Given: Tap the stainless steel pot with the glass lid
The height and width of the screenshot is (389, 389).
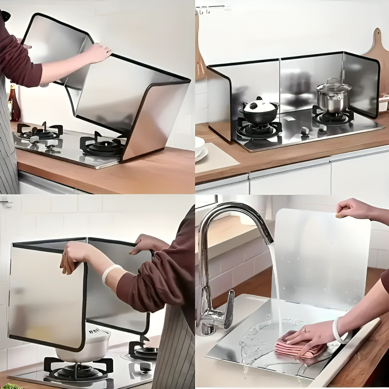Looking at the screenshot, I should [x=334, y=96].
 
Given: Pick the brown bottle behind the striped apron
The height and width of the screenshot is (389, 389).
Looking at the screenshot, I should [x=14, y=103].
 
